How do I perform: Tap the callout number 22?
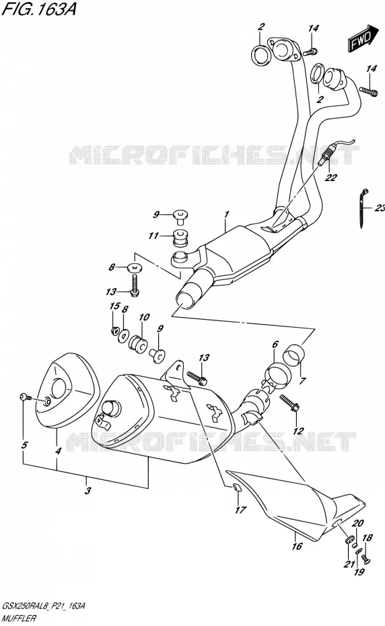point(330,178)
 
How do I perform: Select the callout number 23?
point(380,207)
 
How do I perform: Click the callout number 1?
point(227,215)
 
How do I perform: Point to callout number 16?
point(297,546)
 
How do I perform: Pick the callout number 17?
point(240,510)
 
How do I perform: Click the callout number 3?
point(88,490)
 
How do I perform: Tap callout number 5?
point(25,445)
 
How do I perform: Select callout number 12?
point(298,431)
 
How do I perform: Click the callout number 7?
point(302,380)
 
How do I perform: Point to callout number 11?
point(153,236)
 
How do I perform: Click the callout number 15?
point(114,306)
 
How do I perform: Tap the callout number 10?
point(144,317)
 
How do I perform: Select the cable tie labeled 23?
point(363,207)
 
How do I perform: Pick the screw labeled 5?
point(25,397)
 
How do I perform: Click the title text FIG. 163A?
point(38,9)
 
